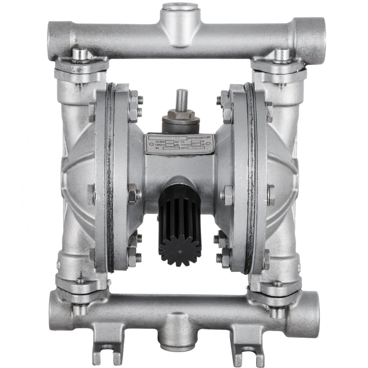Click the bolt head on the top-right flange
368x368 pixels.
(282, 54)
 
